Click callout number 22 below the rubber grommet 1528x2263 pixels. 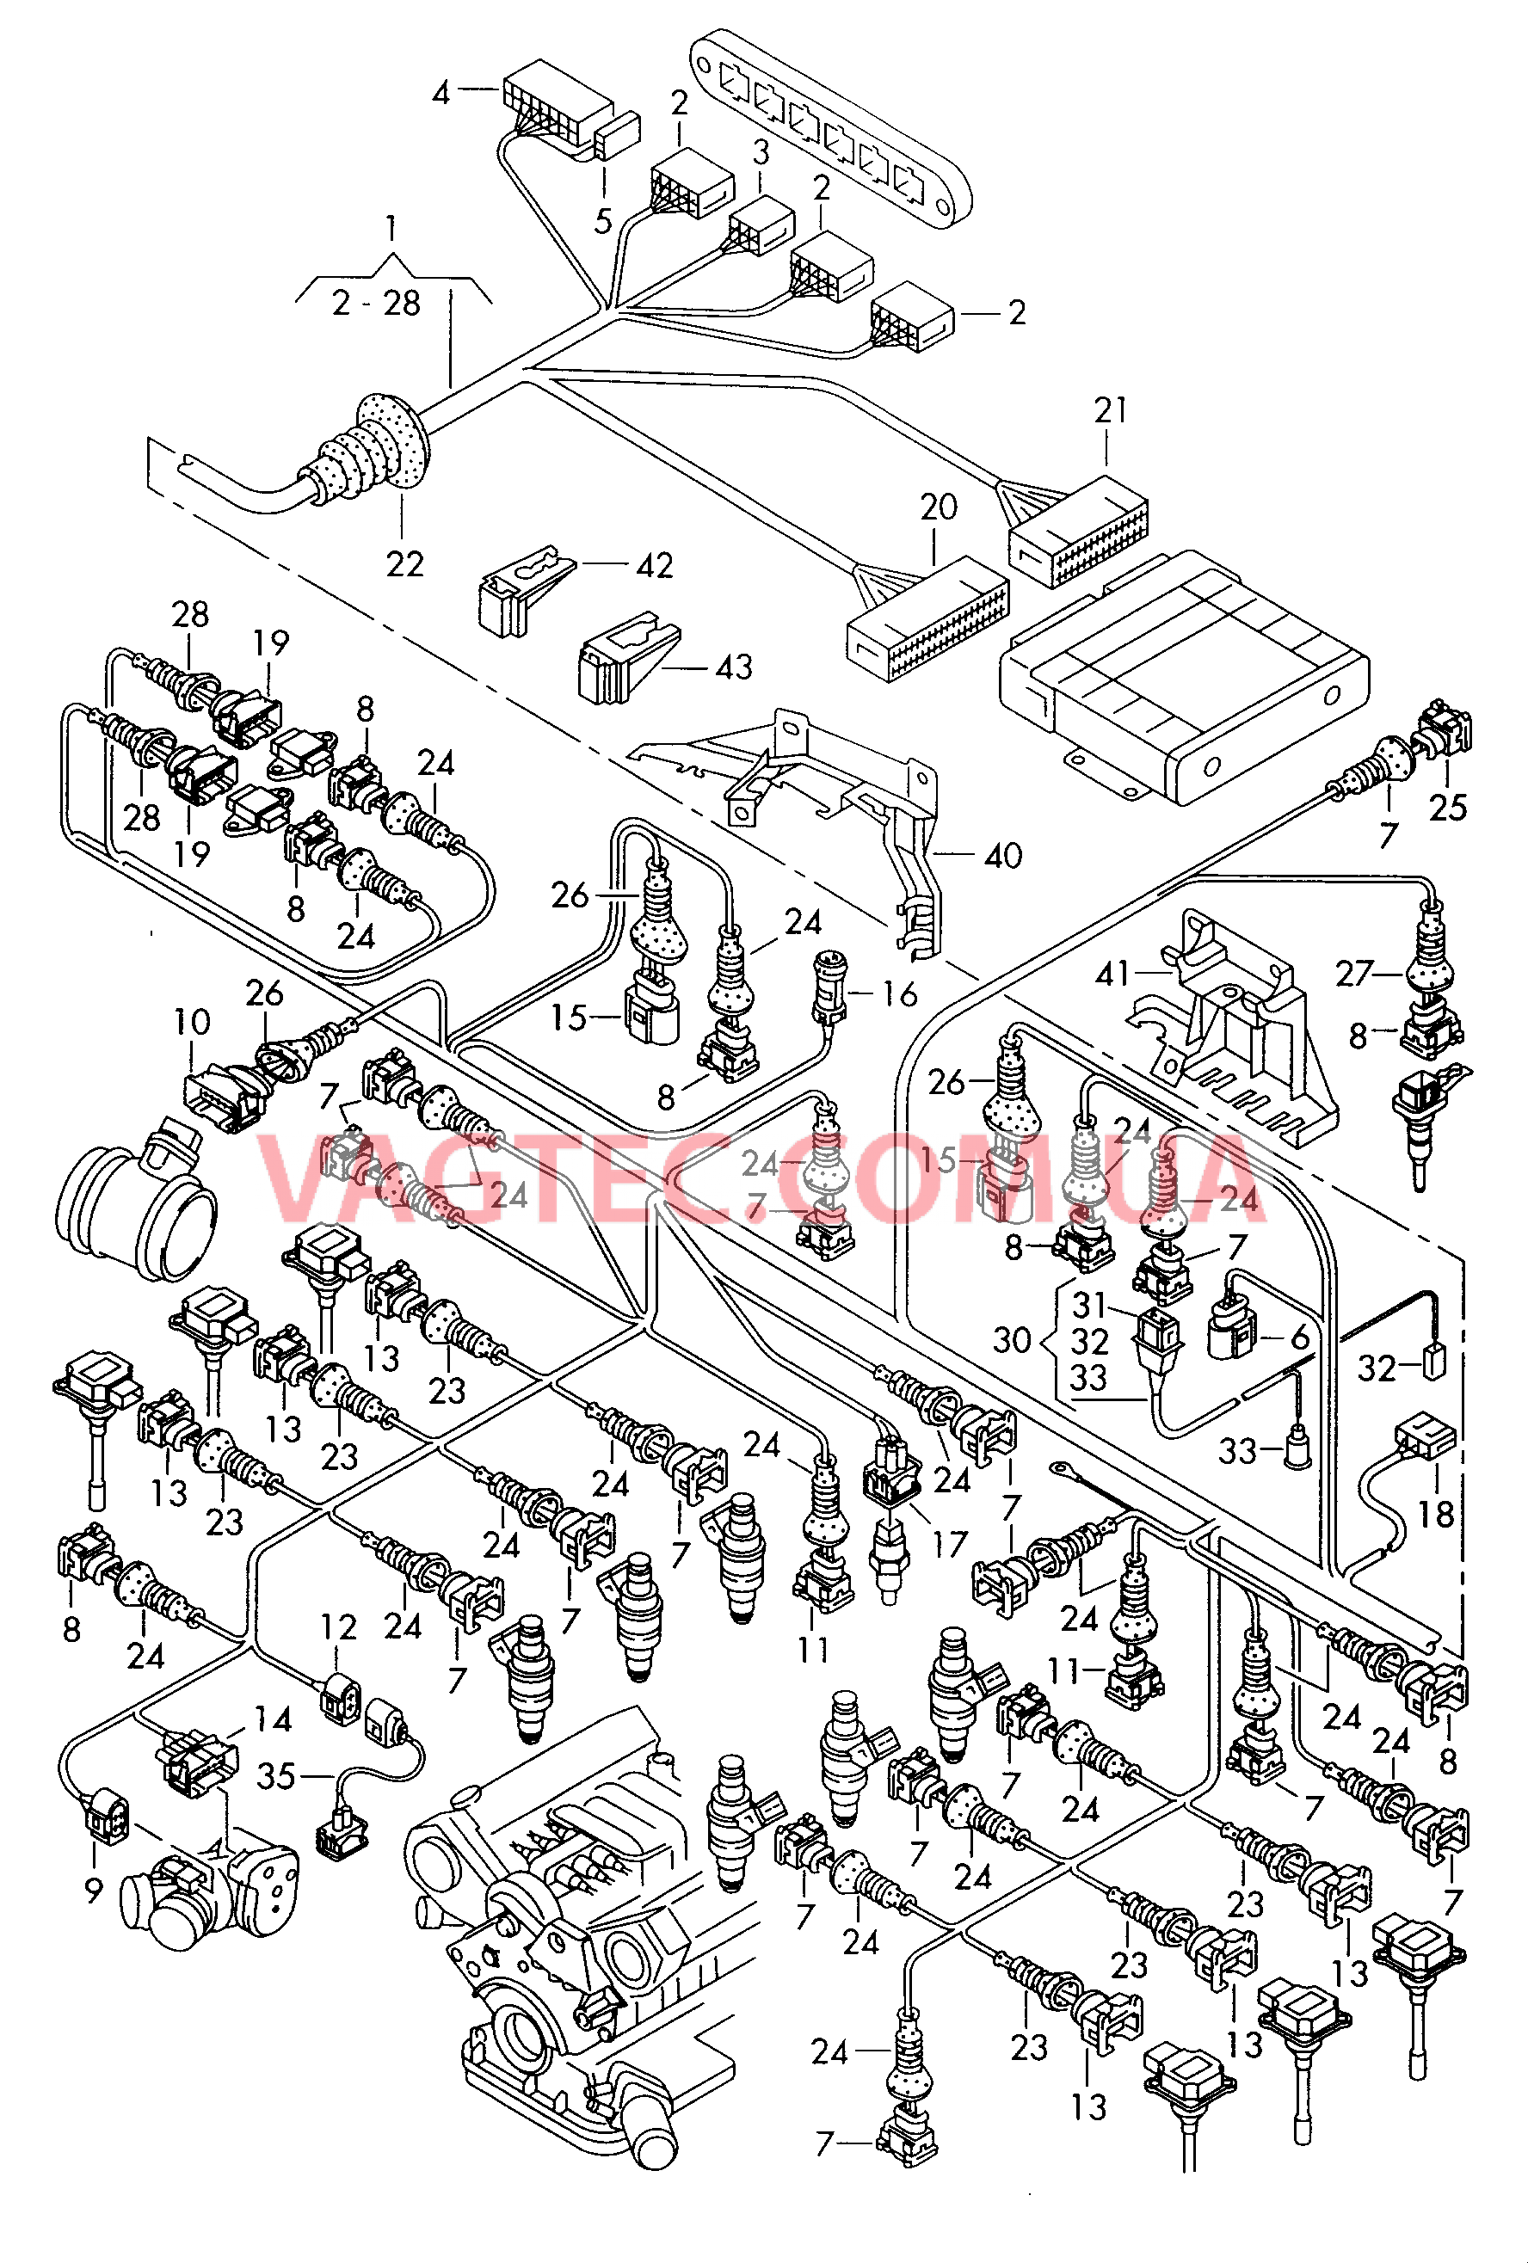(x=405, y=565)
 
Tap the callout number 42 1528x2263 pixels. (x=654, y=566)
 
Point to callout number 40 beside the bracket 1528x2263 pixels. (x=1002, y=857)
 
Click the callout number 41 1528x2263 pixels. (x=1112, y=974)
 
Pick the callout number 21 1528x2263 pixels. (x=1110, y=411)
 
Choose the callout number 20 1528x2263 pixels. (x=939, y=507)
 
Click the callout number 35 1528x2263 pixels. (x=275, y=1776)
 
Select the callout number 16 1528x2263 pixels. (x=899, y=994)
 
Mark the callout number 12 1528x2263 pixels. (x=339, y=1627)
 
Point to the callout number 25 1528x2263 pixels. (x=1447, y=808)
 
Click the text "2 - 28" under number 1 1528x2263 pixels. (x=376, y=304)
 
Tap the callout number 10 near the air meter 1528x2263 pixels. (x=192, y=1023)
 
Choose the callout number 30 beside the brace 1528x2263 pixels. (x=1012, y=1340)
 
